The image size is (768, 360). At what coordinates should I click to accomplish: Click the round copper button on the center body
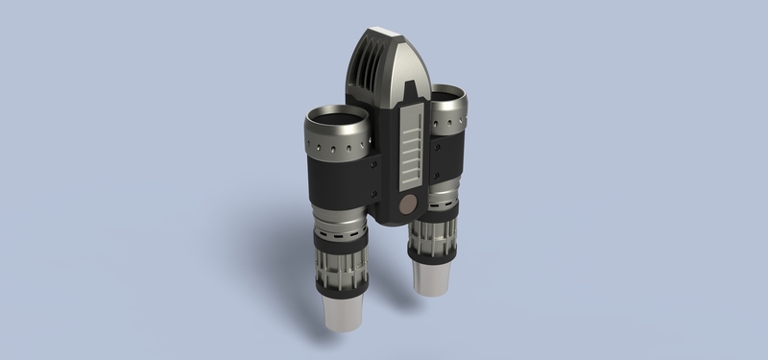click(x=407, y=204)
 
